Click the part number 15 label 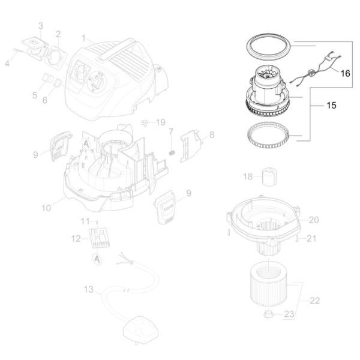331,106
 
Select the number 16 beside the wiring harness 345,73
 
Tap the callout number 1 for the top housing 83,38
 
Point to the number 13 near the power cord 89,290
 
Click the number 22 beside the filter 315,301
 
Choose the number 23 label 289,314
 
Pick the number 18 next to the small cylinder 248,176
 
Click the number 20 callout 314,220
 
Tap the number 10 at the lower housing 46,208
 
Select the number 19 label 160,122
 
